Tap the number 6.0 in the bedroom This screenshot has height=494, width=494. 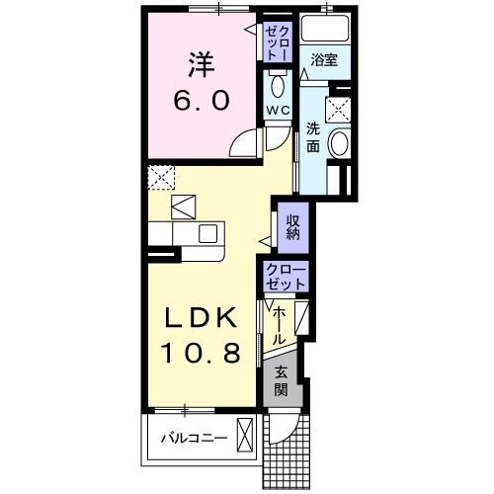(203, 101)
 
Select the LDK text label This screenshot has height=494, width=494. (200, 319)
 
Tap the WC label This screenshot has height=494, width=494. (277, 110)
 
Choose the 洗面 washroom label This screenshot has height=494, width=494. (312, 137)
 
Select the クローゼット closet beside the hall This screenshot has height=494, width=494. (287, 277)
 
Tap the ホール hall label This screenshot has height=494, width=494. (281, 324)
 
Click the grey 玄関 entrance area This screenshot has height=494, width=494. (283, 380)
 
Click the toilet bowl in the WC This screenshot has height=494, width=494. (277, 83)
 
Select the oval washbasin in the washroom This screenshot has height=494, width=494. (338, 145)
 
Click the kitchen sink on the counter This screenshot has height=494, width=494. (207, 233)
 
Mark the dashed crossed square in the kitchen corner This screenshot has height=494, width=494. (160, 178)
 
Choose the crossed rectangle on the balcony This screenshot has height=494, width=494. (246, 436)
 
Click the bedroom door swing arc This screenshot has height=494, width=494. (242, 147)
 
